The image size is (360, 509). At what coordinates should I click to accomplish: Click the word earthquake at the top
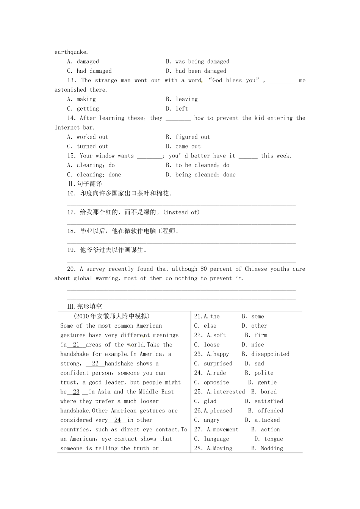(x=71, y=52)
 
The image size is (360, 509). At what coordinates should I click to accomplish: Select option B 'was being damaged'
(x=202, y=62)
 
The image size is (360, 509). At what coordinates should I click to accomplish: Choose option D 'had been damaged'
(x=200, y=71)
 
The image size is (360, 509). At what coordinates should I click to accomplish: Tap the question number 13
(x=72, y=81)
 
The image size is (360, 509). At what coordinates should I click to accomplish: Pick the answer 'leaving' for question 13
(x=186, y=100)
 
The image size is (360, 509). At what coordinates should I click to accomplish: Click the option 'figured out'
(x=193, y=137)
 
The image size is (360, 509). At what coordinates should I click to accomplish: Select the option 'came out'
(x=188, y=147)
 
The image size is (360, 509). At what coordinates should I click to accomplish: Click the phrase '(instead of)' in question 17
(x=182, y=212)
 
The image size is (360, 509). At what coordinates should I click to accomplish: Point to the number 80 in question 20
(x=203, y=269)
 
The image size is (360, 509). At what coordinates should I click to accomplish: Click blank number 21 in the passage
(x=76, y=345)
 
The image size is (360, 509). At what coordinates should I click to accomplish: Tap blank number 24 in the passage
(x=117, y=420)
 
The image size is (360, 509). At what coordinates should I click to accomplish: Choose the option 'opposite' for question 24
(x=216, y=383)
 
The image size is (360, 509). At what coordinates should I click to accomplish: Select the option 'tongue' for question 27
(x=274, y=439)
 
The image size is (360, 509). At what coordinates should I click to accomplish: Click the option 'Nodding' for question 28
(x=272, y=448)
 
